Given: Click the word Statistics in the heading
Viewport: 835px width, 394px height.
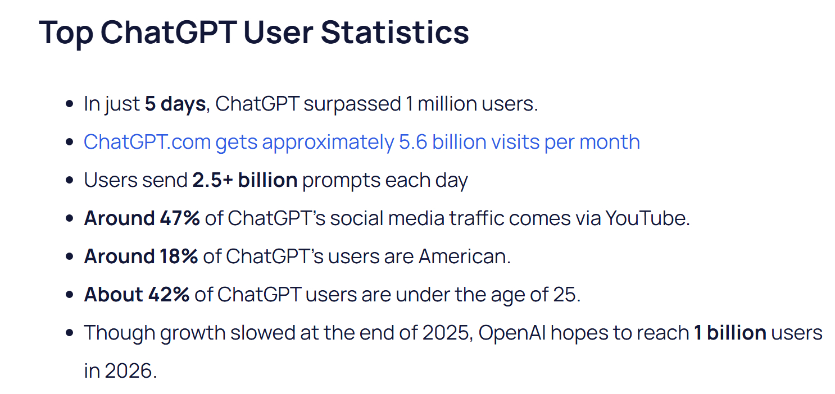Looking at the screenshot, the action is (395, 33).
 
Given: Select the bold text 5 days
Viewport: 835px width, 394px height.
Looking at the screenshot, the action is (175, 104).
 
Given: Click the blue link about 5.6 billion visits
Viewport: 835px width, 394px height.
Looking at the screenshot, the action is (361, 142).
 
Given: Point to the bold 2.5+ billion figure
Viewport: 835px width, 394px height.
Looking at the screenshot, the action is (245, 180).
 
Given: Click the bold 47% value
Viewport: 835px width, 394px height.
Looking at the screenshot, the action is (180, 218).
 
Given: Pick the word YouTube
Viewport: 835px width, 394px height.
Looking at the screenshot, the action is (647, 218).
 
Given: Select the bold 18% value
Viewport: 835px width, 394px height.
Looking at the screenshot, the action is (179, 256).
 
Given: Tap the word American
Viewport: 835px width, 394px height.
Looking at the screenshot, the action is (465, 256).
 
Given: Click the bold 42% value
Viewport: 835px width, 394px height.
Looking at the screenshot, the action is (169, 295).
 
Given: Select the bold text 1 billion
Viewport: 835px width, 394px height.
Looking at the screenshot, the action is (730, 333).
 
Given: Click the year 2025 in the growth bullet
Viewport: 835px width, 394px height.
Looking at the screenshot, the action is (446, 333).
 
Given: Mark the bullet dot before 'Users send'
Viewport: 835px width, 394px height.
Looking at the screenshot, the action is (69, 180).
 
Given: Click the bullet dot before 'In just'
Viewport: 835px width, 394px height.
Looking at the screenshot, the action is (69, 104).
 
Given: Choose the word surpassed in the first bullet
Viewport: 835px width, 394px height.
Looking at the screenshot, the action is (352, 104).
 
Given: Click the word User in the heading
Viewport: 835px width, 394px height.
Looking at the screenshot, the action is (278, 33).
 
